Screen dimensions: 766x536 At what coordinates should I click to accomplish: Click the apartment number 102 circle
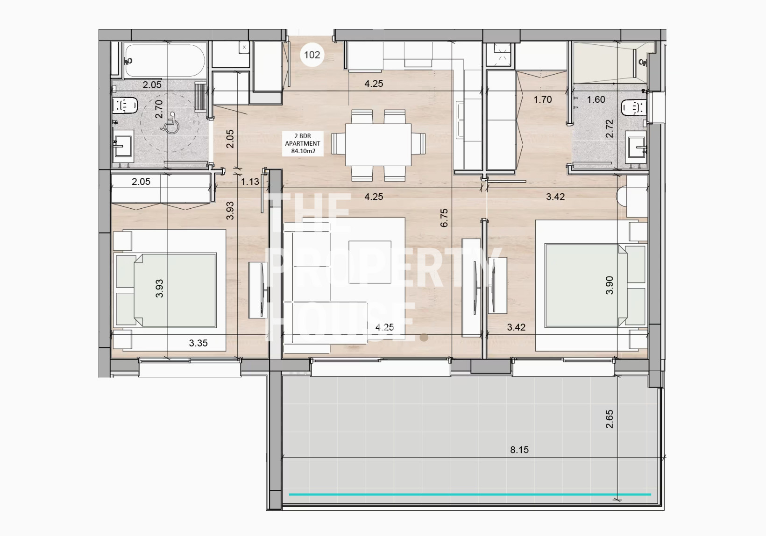coord(312,55)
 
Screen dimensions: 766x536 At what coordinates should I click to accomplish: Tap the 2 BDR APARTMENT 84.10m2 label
coord(303,144)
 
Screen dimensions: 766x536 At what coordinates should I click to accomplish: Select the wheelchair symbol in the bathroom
coord(170,122)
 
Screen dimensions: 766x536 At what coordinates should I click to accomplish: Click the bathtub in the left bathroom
coord(165,61)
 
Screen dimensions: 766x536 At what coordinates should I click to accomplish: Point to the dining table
coord(378,145)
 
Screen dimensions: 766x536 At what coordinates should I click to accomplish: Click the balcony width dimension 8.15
coord(519,450)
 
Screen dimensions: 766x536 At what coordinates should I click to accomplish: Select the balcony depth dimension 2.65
coord(609,419)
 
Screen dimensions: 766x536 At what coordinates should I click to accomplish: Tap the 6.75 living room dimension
coord(444,218)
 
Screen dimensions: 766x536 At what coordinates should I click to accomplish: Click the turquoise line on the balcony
coord(470,494)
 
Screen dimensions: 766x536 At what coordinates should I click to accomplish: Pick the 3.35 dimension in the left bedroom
coord(199,343)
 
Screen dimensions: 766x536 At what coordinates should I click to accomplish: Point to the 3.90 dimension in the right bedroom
coord(609,285)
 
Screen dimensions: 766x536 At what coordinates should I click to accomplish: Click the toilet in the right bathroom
coord(634,107)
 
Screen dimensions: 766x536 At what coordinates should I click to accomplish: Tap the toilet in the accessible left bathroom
coord(125,105)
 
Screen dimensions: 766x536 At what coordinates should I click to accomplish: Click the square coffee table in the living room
coord(369,262)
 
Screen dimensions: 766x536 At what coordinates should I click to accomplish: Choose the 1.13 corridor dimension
coord(250,182)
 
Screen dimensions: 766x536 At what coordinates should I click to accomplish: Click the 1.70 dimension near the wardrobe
coord(543,99)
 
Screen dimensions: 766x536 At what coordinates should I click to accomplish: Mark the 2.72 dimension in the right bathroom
coord(609,128)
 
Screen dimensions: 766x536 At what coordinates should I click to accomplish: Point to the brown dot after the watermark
coord(424,338)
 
